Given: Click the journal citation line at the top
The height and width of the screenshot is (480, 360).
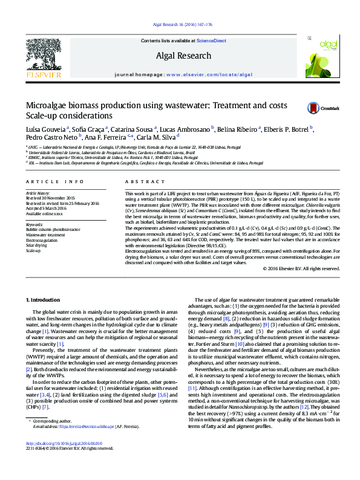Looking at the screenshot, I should [180, 25].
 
